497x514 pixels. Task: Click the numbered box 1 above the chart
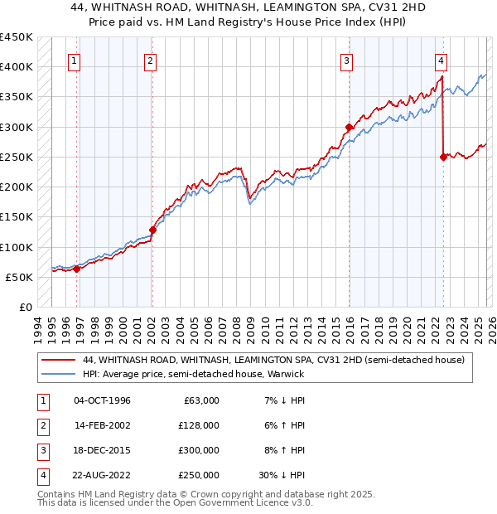click(75, 60)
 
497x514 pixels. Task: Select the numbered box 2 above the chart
click(150, 60)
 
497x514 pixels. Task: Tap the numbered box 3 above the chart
click(346, 60)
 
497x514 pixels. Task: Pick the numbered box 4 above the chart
click(442, 60)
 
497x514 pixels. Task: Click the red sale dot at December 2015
click(350, 128)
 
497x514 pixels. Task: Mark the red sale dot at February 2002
click(153, 230)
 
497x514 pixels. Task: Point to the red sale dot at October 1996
click(76, 269)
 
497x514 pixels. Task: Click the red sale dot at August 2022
click(444, 157)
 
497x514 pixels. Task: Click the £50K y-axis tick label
click(20, 277)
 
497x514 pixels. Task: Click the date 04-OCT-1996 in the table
click(102, 400)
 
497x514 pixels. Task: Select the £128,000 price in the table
click(198, 425)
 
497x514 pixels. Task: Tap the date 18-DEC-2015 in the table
click(102, 450)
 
